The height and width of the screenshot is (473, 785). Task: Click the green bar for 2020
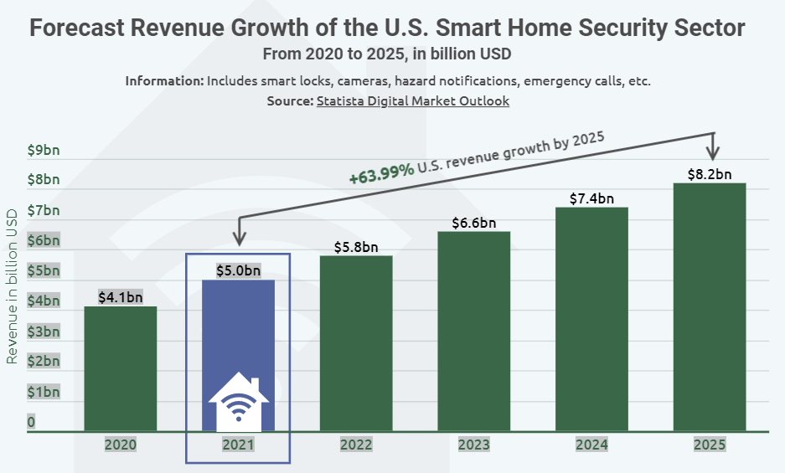click(121, 368)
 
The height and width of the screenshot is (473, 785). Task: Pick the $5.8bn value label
click(356, 247)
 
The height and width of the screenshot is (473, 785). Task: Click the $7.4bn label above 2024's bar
click(591, 198)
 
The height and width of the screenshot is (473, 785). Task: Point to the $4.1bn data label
click(121, 297)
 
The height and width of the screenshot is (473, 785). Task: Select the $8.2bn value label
click(710, 174)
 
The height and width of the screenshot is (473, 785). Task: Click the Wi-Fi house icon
click(239, 403)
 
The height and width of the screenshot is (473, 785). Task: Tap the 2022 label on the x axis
click(356, 445)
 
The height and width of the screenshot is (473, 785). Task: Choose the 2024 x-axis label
click(591, 445)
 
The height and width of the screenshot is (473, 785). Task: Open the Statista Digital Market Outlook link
click(413, 101)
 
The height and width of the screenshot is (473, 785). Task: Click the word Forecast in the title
click(80, 28)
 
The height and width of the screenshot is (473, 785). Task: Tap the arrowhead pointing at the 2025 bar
click(713, 154)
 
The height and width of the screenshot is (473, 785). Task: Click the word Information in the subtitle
click(164, 81)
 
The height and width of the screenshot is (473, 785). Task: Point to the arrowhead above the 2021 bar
click(240, 239)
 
